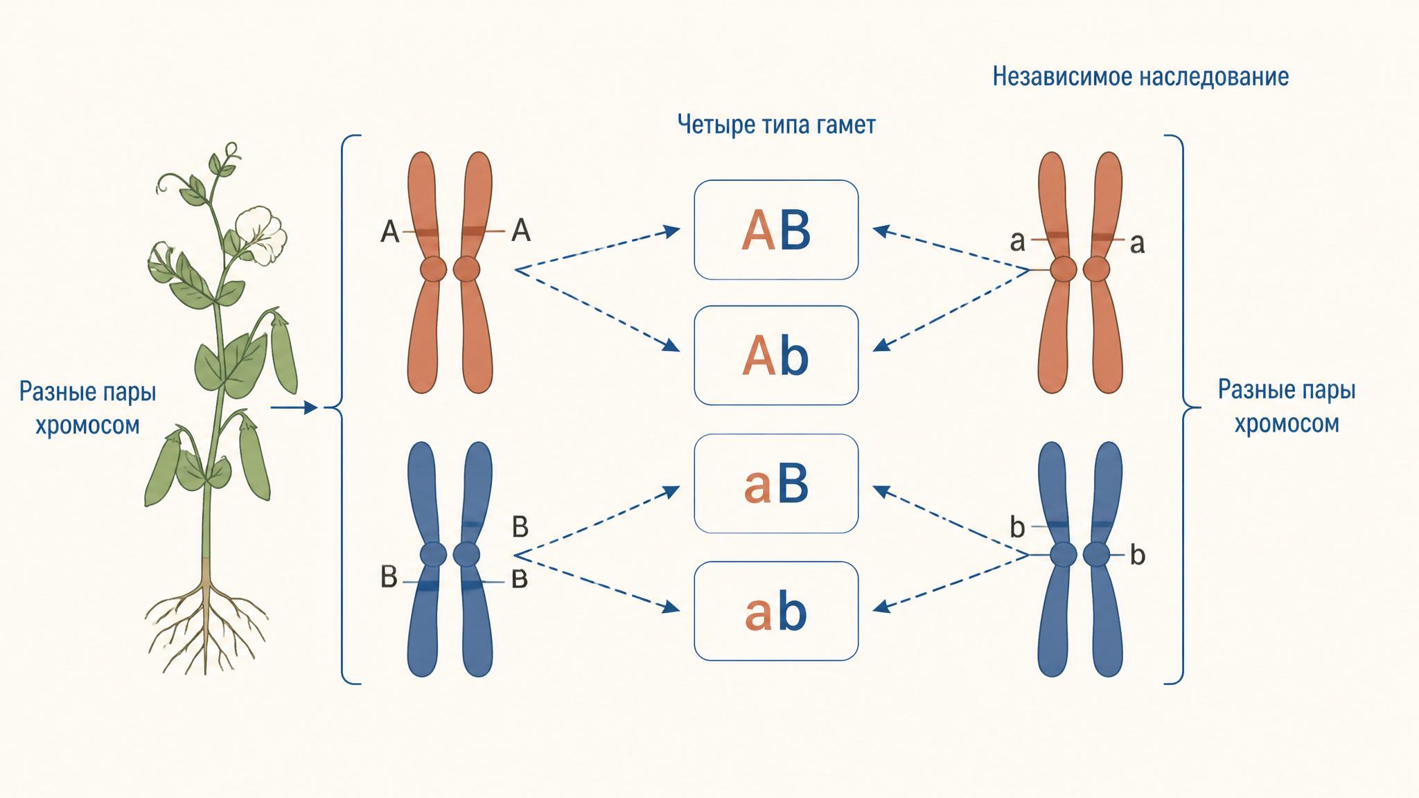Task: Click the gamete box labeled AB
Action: coord(776,230)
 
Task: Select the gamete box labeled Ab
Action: coord(776,355)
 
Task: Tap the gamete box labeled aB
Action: coord(776,484)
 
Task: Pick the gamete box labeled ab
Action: coord(776,611)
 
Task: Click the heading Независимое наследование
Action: coord(1140,76)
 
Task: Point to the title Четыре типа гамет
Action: coord(777,125)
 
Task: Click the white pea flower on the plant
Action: coord(261,234)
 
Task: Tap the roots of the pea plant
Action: coord(206,627)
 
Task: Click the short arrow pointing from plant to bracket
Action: coord(294,408)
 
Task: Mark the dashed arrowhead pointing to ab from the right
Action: coord(881,607)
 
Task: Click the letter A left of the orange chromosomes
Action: coord(390,231)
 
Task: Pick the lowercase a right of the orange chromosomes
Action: coord(1137,244)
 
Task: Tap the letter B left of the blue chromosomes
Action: coord(389,576)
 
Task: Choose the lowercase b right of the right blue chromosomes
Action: coord(1138,554)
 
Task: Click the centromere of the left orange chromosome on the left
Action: coord(433,269)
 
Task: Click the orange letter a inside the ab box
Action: coord(757,614)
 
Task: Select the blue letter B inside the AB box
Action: coord(795,230)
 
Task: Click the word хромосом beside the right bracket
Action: coord(1287,423)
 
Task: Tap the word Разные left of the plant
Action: coord(55,392)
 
